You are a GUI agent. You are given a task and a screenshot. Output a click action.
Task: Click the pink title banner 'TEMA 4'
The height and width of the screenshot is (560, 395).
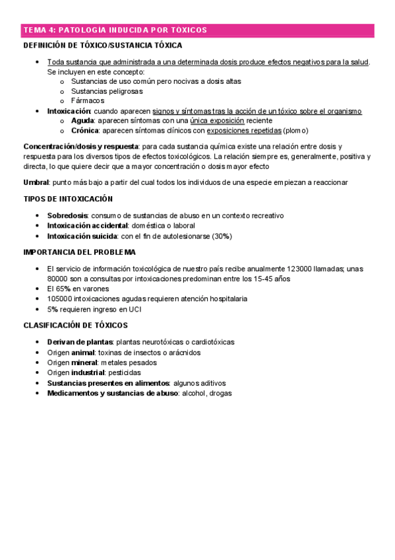(115, 30)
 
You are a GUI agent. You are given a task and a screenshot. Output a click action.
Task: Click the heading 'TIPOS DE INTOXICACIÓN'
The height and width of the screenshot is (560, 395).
(68, 199)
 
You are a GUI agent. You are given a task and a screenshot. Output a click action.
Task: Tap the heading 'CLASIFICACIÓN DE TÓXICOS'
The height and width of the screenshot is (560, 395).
(75, 325)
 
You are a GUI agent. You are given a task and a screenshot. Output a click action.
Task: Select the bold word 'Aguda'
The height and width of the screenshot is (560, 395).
(82, 121)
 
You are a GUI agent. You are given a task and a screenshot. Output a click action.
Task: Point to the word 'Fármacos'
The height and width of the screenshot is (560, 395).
(88, 100)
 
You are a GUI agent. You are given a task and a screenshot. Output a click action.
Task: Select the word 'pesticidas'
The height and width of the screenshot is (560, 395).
(123, 372)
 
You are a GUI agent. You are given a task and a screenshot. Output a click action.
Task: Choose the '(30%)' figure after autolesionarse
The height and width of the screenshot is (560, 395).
(222, 236)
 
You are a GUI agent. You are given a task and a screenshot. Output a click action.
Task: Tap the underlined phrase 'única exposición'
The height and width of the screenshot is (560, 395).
(217, 121)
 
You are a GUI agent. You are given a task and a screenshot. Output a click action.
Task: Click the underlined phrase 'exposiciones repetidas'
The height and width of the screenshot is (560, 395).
(244, 131)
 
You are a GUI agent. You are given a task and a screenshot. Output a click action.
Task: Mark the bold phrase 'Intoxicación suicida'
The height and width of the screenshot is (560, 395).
(82, 236)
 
